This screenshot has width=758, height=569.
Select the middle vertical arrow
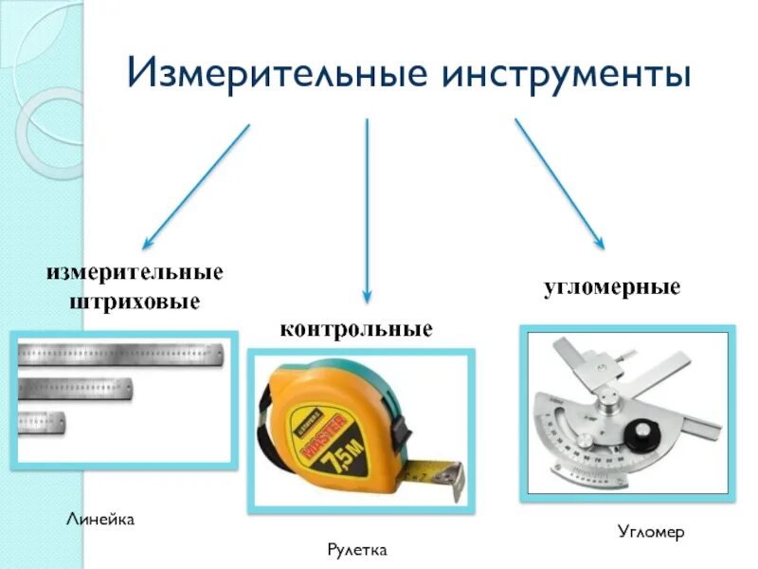coord(368,209)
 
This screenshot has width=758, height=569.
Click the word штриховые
coord(135,303)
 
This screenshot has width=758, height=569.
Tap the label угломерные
coord(612,286)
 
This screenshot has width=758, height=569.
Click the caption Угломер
coord(649,533)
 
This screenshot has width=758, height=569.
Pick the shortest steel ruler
coord(43,421)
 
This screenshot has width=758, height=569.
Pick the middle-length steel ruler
coord(76,387)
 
